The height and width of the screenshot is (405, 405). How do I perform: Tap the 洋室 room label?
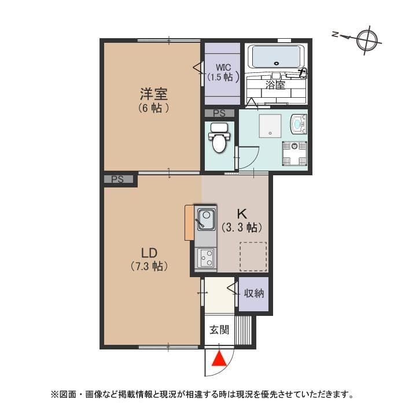point(153,93)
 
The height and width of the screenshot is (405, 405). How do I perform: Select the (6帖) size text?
point(153,108)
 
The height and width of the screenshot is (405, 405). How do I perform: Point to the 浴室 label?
point(275,85)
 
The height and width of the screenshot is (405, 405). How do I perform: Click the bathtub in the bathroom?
point(277,57)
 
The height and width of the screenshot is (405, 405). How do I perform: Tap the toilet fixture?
point(219,139)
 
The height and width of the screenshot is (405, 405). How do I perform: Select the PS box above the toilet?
point(219,113)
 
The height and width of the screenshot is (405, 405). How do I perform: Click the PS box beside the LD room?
point(118,180)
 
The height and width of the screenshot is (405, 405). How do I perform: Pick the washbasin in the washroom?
point(299,124)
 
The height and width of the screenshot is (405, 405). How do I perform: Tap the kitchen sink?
point(205,219)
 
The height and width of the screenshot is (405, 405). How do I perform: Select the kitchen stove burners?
point(205,258)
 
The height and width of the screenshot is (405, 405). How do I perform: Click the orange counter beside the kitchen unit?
point(189,222)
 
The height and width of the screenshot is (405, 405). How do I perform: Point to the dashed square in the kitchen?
point(253,256)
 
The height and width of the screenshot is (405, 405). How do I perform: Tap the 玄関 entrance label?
point(219,330)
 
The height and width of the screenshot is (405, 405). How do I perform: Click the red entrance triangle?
point(219,359)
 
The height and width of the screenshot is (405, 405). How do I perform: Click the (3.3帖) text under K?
point(242,227)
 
